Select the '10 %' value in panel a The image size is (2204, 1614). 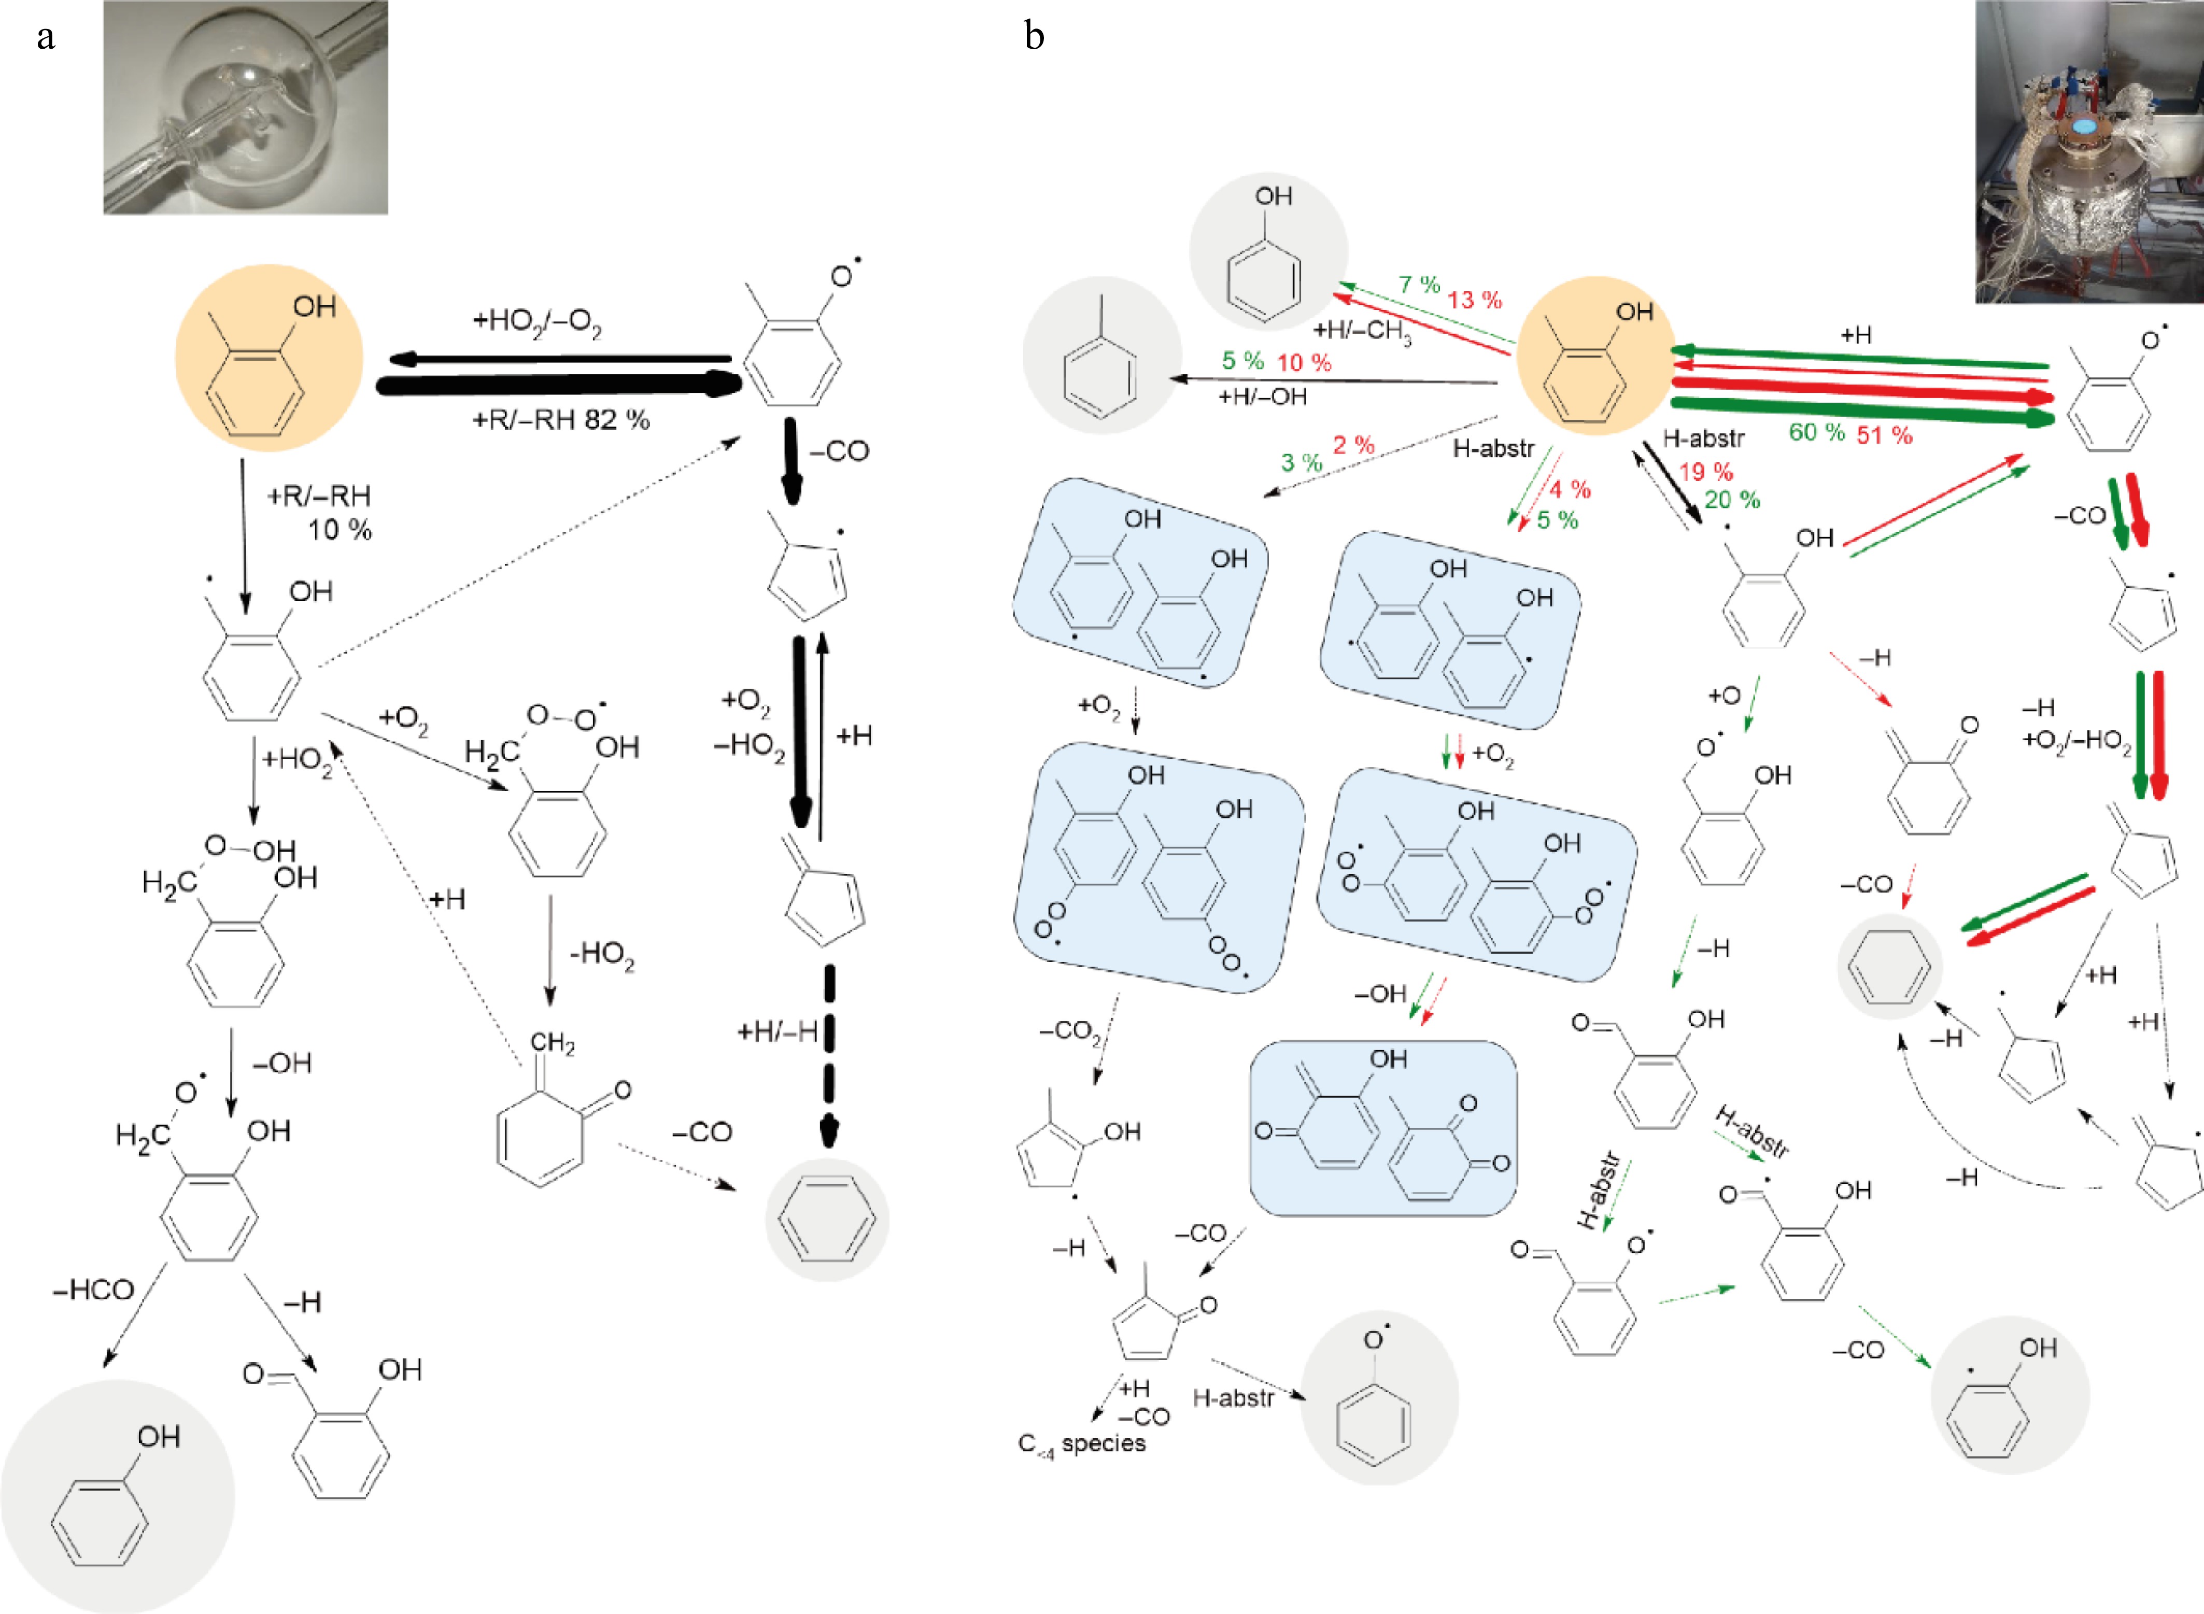tap(340, 531)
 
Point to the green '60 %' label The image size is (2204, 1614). tap(1816, 433)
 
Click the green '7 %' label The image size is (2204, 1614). tap(1419, 285)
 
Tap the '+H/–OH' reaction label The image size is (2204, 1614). tap(1262, 397)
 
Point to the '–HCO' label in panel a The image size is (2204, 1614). tap(93, 1291)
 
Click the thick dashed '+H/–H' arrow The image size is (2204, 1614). tap(829, 1055)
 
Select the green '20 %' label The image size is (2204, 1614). tap(1732, 500)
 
